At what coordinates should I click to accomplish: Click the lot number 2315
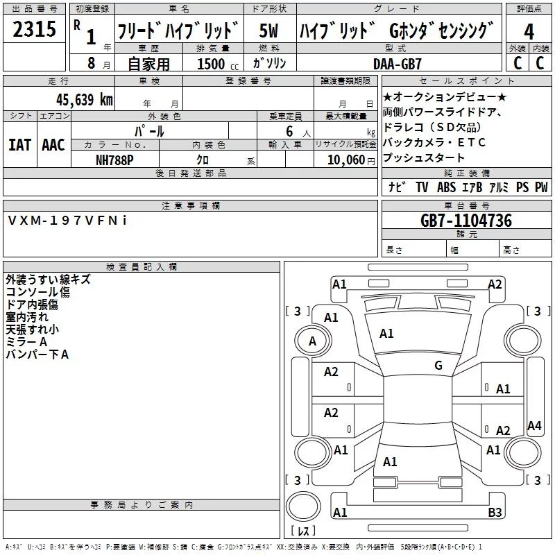tap(35, 30)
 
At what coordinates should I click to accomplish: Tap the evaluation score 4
tap(529, 31)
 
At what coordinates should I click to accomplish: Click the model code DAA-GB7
tap(398, 63)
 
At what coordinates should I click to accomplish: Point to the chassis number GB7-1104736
tap(466, 221)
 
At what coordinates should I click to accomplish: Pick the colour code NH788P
tap(114, 160)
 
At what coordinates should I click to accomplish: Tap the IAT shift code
tap(19, 145)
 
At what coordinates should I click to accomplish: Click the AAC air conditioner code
tap(53, 145)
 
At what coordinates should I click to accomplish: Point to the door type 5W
tap(269, 31)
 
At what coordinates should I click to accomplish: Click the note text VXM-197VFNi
tap(67, 220)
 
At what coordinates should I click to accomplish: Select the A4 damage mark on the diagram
tap(534, 426)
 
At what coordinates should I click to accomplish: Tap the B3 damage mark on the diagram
tap(495, 513)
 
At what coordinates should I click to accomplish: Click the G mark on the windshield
tap(438, 366)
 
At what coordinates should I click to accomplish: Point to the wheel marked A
tap(312, 341)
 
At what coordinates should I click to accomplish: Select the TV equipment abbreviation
tap(422, 187)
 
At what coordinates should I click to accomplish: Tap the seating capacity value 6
tap(287, 130)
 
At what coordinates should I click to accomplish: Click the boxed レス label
tap(302, 531)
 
